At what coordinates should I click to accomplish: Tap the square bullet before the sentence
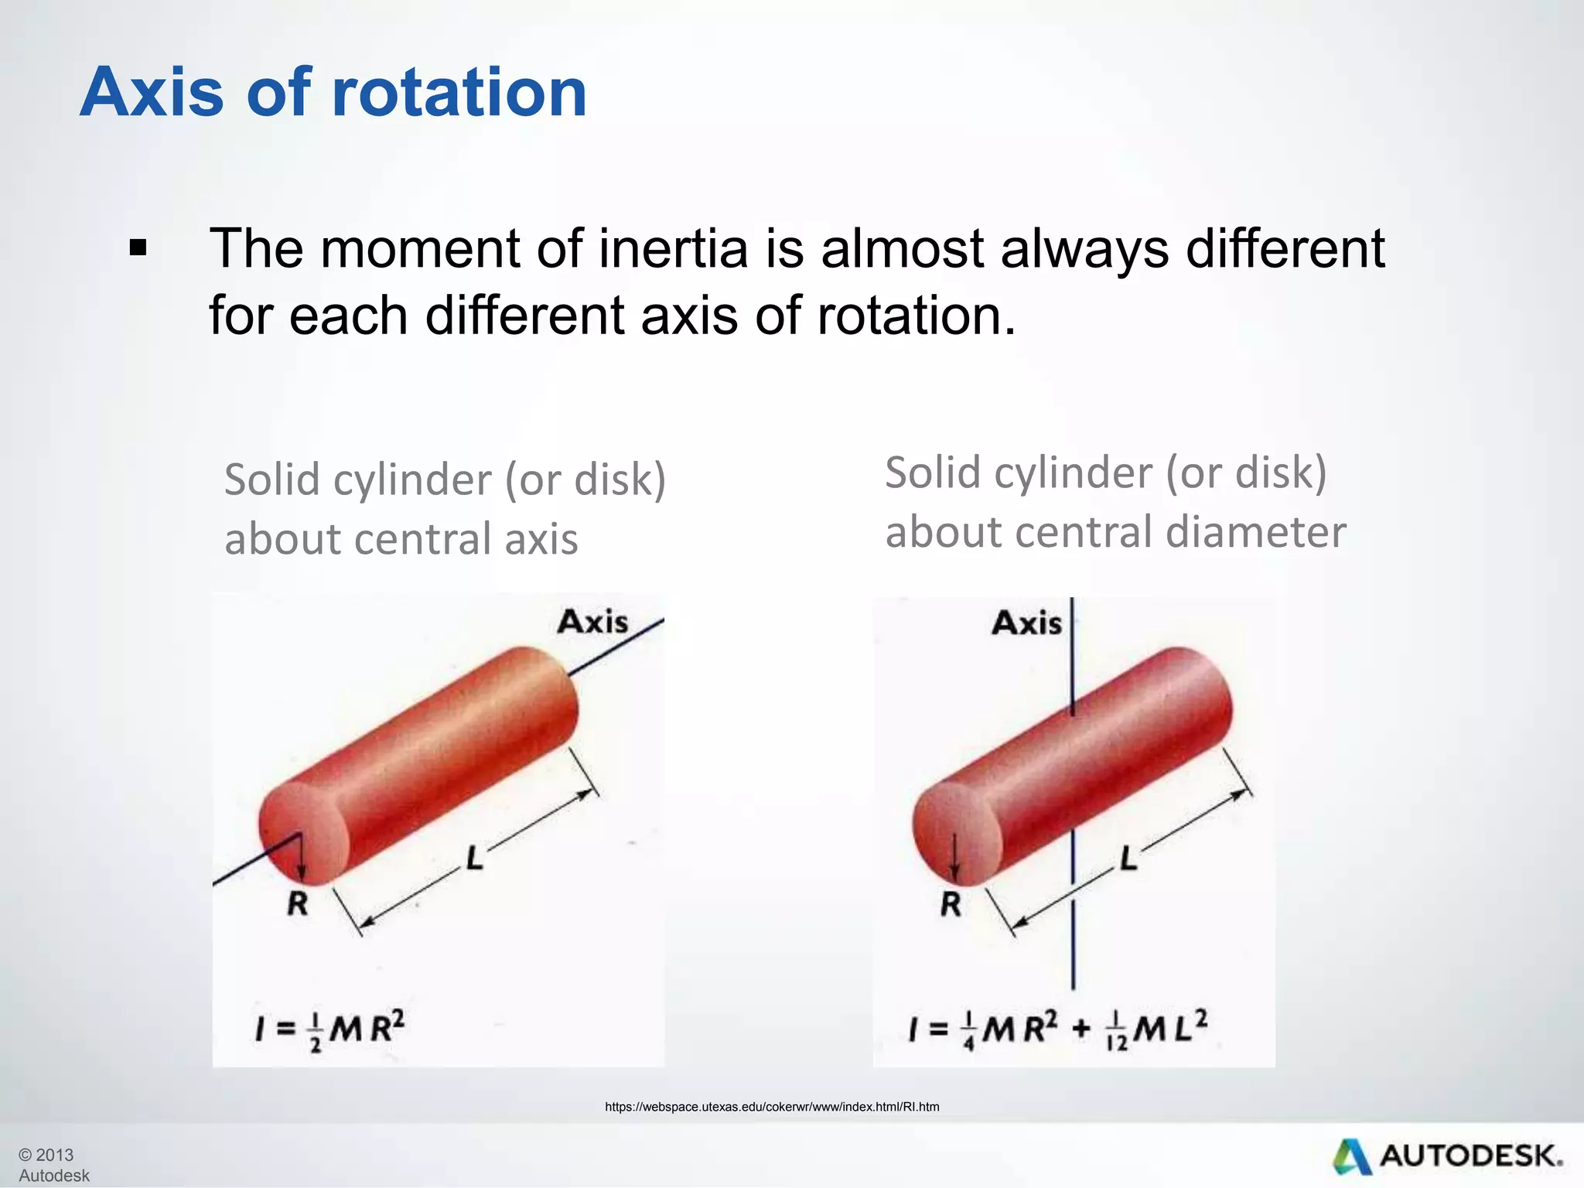click(x=138, y=249)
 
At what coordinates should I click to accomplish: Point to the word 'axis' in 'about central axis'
click(x=541, y=539)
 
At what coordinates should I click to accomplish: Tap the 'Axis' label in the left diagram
click(x=592, y=622)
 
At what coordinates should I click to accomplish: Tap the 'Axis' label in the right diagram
click(x=1026, y=623)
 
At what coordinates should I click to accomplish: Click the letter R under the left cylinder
click(x=298, y=903)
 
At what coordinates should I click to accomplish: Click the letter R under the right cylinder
click(x=951, y=903)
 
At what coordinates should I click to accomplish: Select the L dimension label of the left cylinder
click(x=474, y=858)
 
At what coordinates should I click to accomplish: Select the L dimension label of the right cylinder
click(x=1128, y=859)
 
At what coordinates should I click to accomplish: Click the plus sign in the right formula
click(x=1081, y=1029)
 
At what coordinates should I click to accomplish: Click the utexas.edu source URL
click(x=772, y=1107)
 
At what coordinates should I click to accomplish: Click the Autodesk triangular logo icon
click(x=1351, y=1157)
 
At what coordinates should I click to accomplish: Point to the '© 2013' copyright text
click(x=46, y=1155)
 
